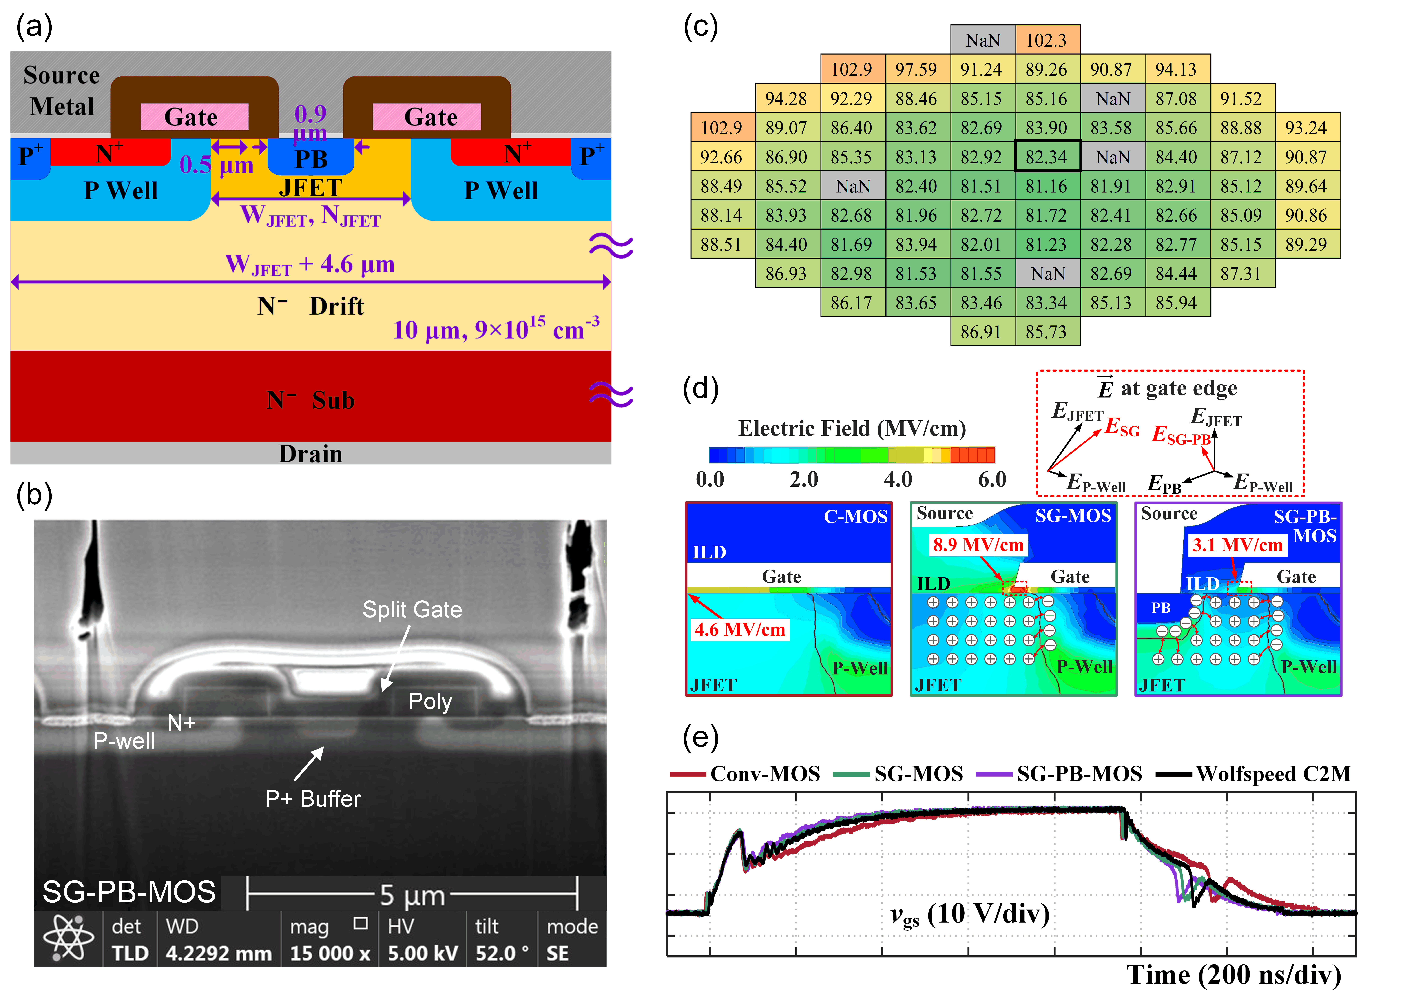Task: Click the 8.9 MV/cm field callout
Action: tap(978, 545)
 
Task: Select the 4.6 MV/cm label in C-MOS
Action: tap(740, 629)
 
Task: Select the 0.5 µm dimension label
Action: tap(217, 165)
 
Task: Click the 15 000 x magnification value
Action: tap(330, 953)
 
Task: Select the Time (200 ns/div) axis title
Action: tap(1233, 975)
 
